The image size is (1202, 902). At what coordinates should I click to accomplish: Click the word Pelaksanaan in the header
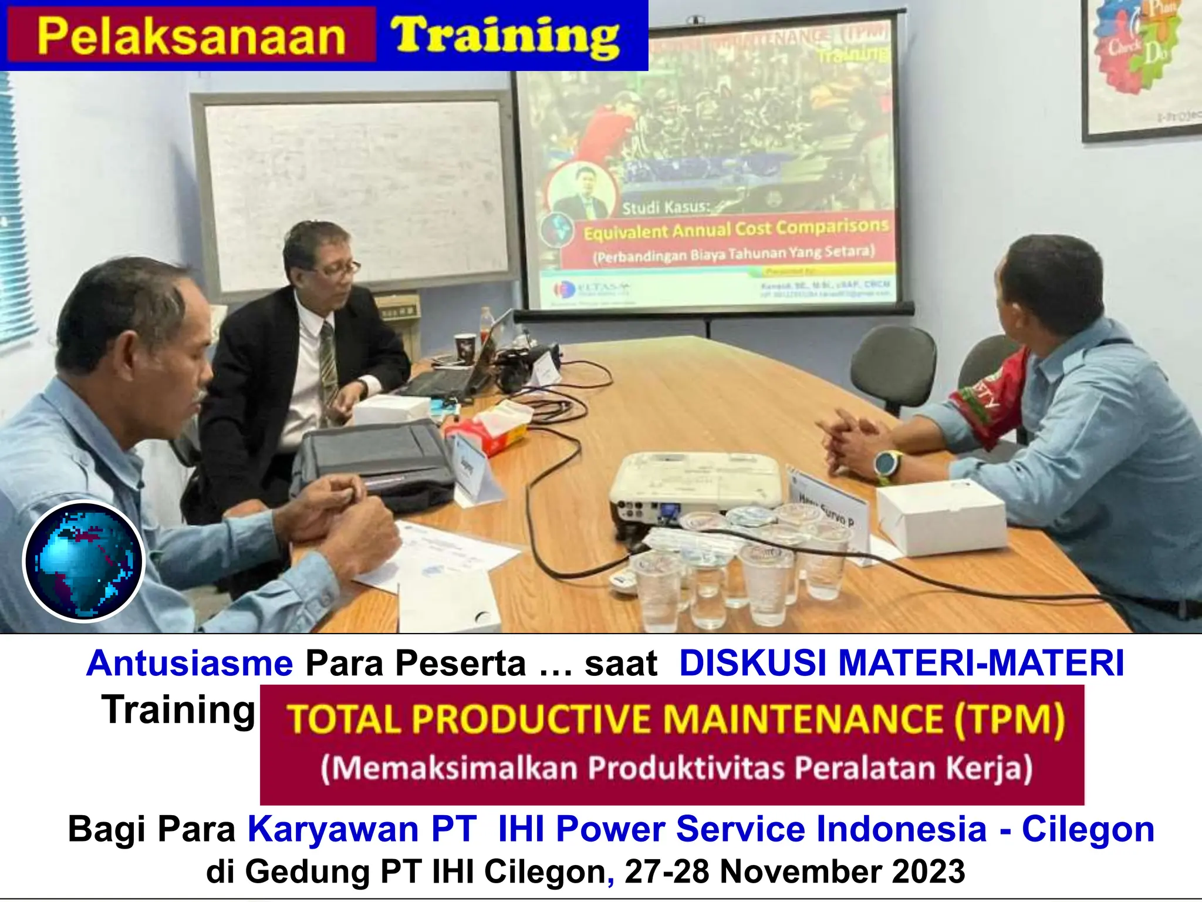(191, 36)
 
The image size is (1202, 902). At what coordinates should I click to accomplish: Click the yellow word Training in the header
(505, 36)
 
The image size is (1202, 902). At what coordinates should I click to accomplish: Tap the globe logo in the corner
(83, 561)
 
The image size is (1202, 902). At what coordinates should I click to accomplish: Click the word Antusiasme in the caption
(190, 664)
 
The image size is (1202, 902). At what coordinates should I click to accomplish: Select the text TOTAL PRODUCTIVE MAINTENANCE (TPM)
(675, 719)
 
